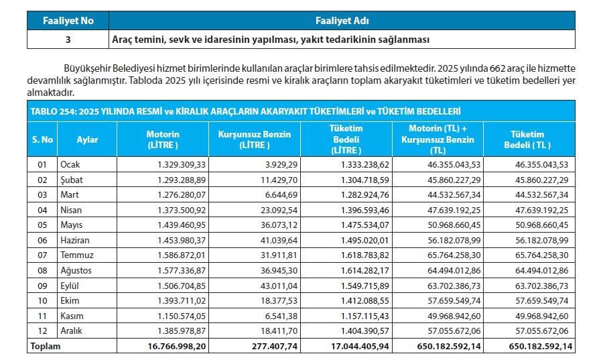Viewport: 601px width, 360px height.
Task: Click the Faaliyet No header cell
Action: [68, 21]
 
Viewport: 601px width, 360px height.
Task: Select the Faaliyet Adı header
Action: [341, 21]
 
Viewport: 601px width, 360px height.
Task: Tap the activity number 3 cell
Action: [68, 40]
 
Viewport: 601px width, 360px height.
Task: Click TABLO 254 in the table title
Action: [51, 111]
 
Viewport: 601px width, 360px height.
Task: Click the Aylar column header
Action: [87, 139]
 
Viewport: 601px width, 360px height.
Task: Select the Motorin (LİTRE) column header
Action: [162, 139]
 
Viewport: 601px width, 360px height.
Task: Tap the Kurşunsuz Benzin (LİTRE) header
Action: [255, 139]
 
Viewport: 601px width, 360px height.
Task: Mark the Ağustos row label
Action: [75, 270]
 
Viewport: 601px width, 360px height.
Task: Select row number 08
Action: [42, 270]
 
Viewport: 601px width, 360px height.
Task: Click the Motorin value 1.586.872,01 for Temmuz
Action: [181, 255]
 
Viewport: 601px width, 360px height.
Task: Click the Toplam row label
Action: [44, 347]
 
